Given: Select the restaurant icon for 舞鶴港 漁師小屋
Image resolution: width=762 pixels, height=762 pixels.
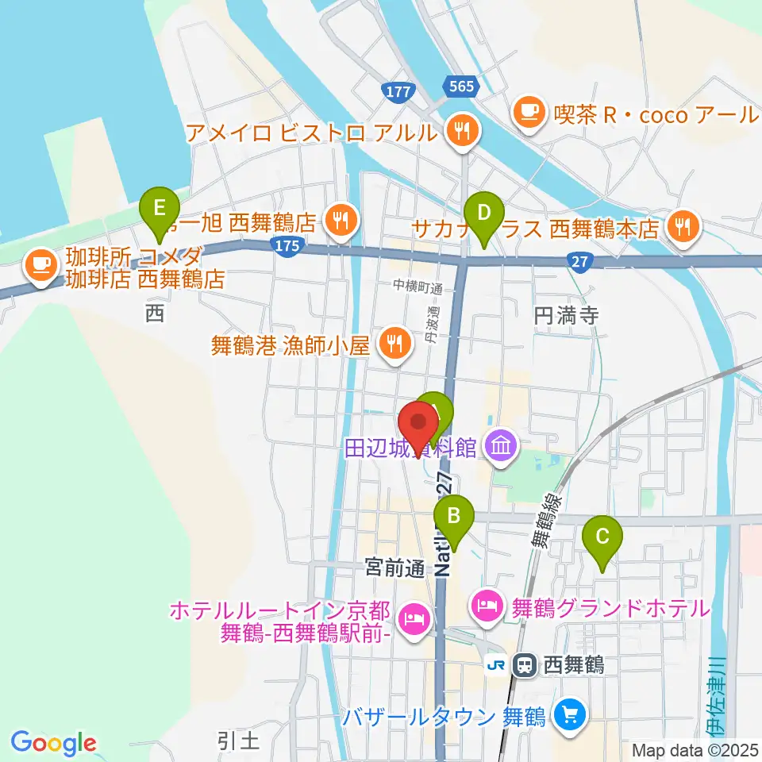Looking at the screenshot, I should pyautogui.click(x=393, y=344).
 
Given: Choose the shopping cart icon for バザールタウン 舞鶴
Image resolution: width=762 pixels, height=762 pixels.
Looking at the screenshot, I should pyautogui.click(x=568, y=716).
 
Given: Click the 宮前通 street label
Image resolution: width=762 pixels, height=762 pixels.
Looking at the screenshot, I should pyautogui.click(x=394, y=567).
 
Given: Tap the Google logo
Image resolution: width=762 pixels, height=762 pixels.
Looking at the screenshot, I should pyautogui.click(x=53, y=743).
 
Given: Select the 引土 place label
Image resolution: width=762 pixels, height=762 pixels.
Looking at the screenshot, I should pyautogui.click(x=238, y=741).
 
